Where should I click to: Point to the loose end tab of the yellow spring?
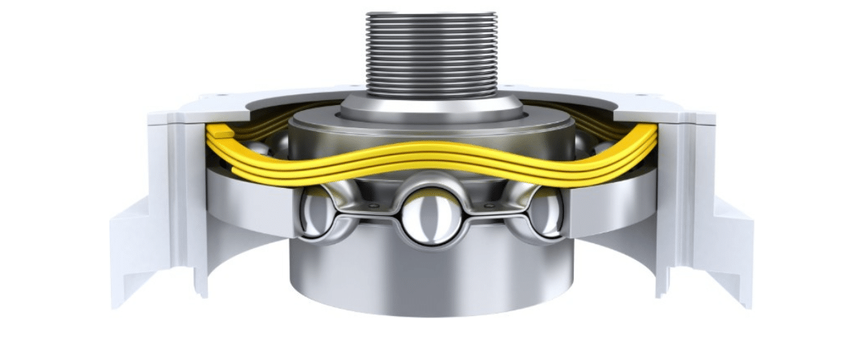[x=220, y=132]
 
